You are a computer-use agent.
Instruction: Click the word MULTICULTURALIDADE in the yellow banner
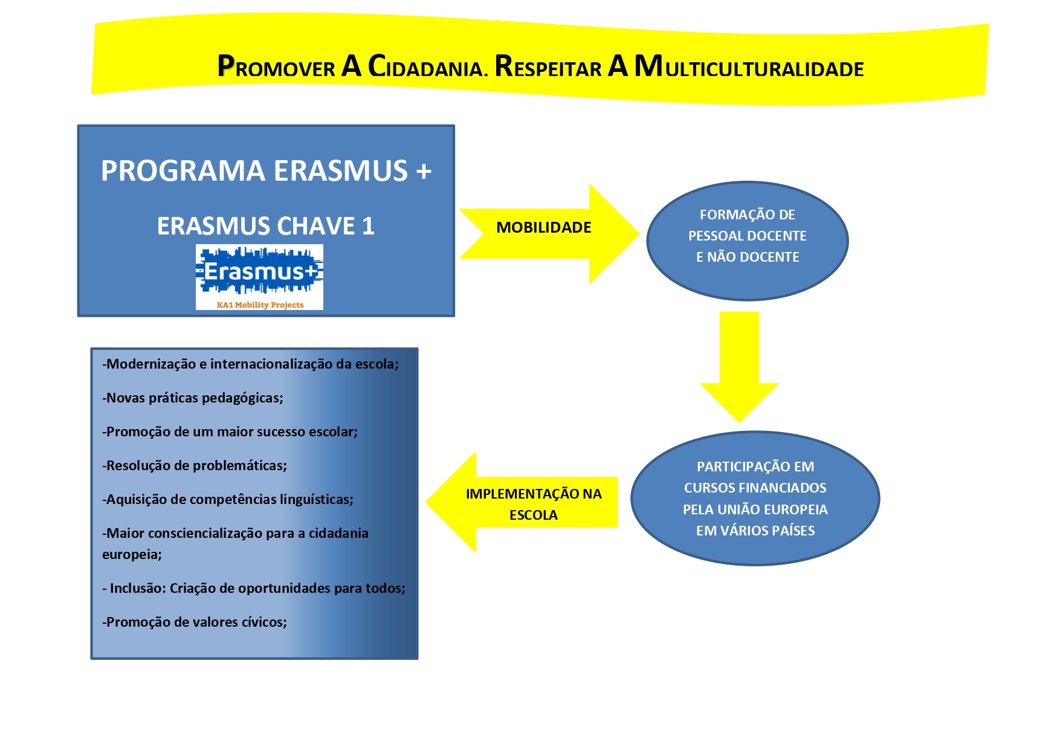749,66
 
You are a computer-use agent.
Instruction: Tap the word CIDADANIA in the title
426,66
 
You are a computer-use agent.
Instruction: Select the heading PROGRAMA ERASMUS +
266,171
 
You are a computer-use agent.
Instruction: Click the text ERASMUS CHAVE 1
266,226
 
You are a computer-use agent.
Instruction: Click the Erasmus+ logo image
259,277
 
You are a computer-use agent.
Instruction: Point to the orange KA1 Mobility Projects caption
260,305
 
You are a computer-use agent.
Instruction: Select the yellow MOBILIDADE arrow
549,233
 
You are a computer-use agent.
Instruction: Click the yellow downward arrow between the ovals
739,367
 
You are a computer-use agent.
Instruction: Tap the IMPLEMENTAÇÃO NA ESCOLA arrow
522,502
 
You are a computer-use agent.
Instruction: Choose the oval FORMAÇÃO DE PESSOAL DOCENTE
748,241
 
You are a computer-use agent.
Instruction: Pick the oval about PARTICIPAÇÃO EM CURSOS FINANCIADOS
755,499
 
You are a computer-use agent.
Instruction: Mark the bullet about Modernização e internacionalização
250,364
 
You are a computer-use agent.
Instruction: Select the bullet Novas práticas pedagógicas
193,398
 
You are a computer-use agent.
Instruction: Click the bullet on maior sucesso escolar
230,432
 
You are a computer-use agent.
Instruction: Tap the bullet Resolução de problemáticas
195,466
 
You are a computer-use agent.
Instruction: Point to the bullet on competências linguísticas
228,500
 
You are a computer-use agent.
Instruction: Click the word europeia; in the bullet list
132,555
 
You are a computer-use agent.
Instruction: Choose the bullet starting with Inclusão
254,589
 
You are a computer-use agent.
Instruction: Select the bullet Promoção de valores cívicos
195,622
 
